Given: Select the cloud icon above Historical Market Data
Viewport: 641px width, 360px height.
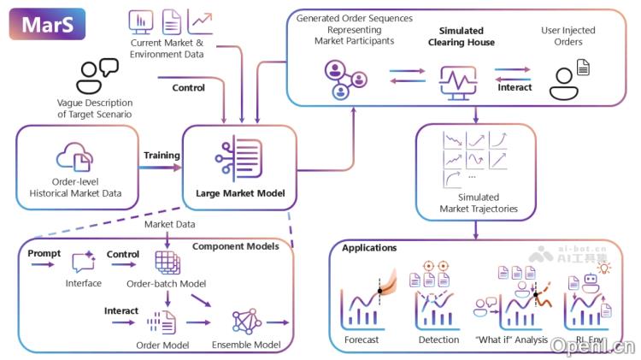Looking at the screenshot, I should pos(74,158).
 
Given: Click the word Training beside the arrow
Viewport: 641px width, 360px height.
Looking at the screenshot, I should pos(162,156).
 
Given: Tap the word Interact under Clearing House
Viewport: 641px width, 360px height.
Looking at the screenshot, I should pos(515,87).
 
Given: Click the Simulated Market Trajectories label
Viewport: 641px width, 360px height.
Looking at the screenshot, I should pos(478,203).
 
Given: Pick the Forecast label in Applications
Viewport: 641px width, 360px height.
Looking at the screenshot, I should pos(362,339).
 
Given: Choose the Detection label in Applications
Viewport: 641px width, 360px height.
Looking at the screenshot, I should pos(438,339).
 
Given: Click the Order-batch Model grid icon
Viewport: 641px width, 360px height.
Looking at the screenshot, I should pos(168,262).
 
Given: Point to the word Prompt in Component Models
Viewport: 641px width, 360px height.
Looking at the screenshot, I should pos(44,254).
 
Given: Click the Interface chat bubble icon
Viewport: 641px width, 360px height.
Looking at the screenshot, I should pos(84,263).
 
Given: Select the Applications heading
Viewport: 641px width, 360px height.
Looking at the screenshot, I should pos(369,248).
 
